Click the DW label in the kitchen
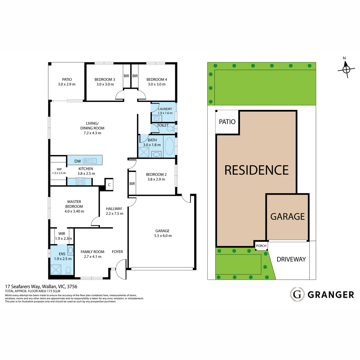pos(77,161)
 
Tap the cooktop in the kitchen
pos(80,181)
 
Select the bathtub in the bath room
pos(169,146)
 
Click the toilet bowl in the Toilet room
pos(170,129)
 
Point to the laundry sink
pos(156,118)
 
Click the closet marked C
pos(109,185)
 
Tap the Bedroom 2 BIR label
pos(132,184)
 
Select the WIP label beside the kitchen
pos(59,169)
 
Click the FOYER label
pos(117,252)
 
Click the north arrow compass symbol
pos(346,69)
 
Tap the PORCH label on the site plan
pos(261,246)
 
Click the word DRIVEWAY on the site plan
pos(291,259)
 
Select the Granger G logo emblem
pos(297,295)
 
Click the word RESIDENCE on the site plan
pos(256,170)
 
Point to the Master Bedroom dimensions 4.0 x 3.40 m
pos(74,211)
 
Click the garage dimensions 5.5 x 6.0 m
pos(163,235)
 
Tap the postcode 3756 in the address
pos(72,286)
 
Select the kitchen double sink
pos(92,161)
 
